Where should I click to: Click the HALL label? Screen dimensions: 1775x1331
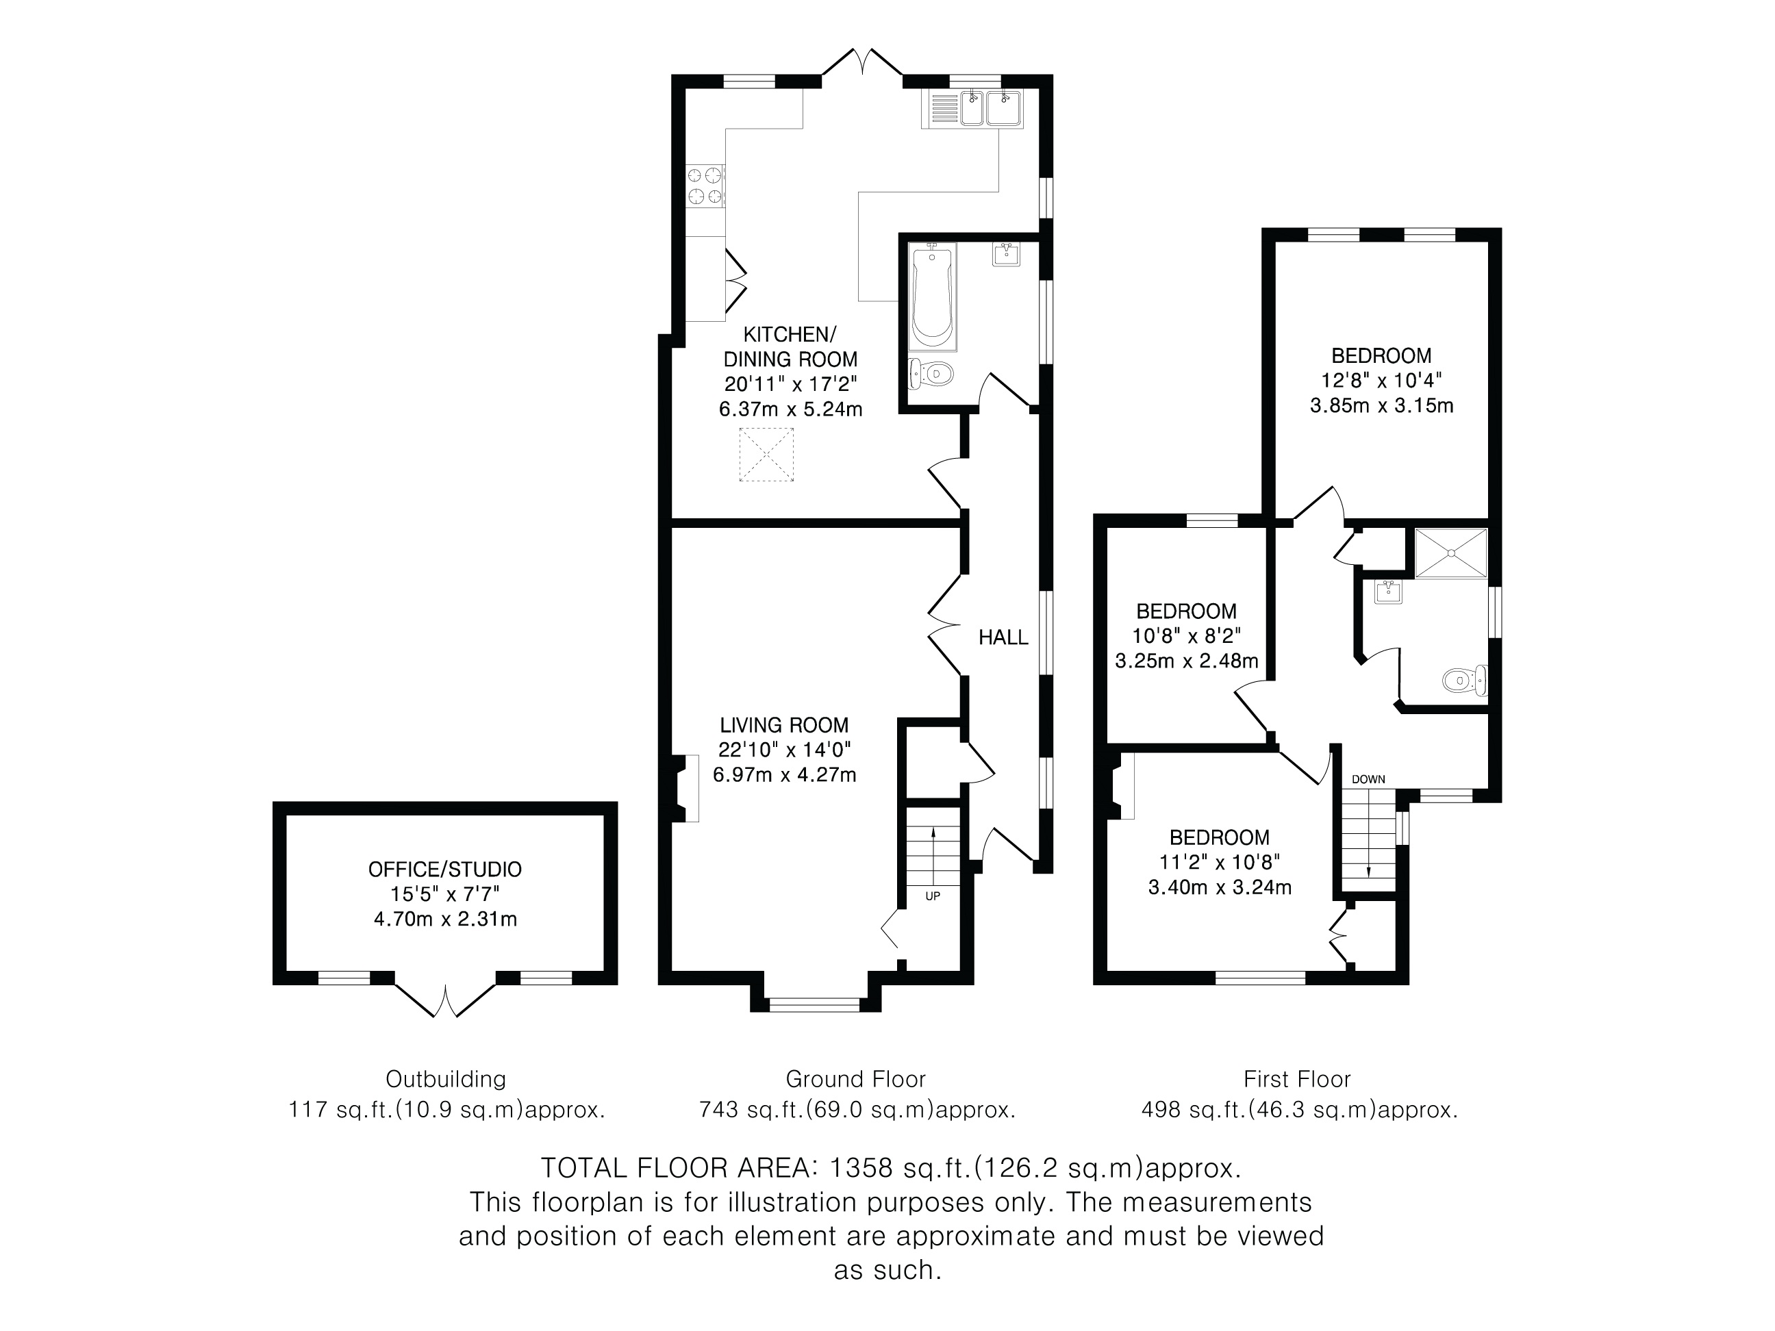(1003, 637)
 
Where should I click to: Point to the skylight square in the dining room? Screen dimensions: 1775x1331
(766, 455)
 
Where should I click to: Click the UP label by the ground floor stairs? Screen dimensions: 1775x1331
(933, 896)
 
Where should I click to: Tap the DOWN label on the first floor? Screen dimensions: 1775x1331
(1368, 779)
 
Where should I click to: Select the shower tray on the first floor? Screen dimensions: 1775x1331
(1451, 553)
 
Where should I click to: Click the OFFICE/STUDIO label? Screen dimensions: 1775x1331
(444, 869)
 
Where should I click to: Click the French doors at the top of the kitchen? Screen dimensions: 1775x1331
(862, 64)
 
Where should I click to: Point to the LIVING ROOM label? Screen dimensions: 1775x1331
(784, 725)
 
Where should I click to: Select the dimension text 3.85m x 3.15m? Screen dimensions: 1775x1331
(1382, 405)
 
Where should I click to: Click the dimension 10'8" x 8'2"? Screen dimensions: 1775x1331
(1187, 636)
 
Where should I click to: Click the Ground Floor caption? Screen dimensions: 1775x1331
(855, 1079)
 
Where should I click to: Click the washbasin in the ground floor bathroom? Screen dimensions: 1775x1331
(1006, 253)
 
